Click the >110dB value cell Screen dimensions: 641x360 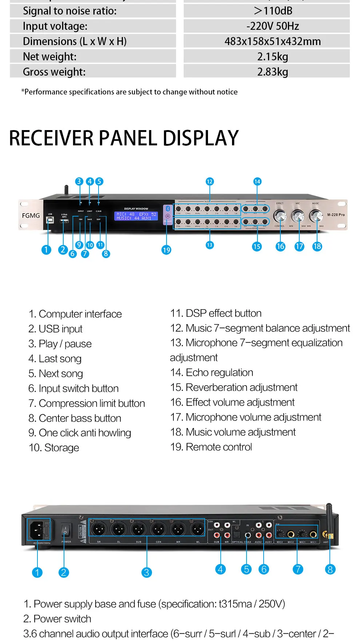tap(273, 11)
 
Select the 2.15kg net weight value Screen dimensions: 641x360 tap(273, 57)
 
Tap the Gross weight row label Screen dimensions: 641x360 tap(54, 72)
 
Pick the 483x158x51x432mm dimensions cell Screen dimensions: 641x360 tap(273, 41)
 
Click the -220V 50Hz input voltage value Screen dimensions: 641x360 tap(273, 26)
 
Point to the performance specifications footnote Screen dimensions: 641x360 tap(129, 92)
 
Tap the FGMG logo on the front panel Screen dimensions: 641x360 tap(31, 215)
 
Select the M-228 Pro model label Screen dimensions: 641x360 tap(336, 215)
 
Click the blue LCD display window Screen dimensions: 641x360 tap(136, 216)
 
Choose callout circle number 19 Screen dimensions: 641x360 tap(167, 250)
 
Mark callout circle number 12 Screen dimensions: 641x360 tap(209, 181)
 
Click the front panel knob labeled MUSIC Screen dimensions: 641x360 tap(316, 216)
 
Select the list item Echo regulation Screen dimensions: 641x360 tap(212, 372)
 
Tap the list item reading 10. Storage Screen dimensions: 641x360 tap(54, 448)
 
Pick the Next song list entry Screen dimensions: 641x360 tap(56, 374)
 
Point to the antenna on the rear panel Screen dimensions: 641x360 tap(329, 520)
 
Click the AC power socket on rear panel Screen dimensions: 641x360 tap(37, 529)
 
